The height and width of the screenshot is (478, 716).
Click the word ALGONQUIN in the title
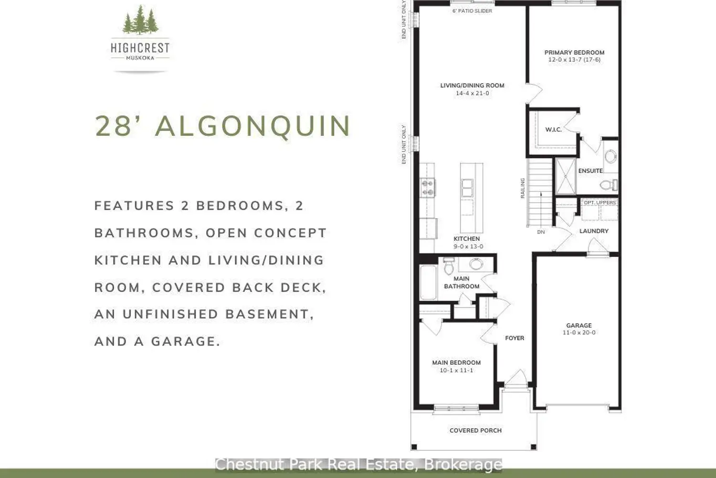[253, 126]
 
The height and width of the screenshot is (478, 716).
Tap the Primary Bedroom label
[574, 53]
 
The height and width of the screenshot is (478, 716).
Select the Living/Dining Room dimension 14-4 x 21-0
[473, 93]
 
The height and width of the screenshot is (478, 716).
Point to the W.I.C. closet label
[553, 130]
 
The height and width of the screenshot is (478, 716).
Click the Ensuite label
[590, 171]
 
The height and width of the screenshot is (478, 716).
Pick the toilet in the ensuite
[609, 185]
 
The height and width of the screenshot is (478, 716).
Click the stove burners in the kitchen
[427, 187]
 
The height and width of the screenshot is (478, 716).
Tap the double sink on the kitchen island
[467, 188]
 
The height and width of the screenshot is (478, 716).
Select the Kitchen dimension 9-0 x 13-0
[468, 247]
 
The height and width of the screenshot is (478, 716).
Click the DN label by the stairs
[541, 232]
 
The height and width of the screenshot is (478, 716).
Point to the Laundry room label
[594, 231]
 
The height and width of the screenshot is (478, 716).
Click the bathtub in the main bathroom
[428, 282]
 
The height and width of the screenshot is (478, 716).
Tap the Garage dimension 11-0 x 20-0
[579, 333]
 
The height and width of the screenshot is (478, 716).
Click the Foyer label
[515, 338]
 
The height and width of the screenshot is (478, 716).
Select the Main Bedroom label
[456, 363]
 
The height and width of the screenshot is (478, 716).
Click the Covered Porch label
[475, 431]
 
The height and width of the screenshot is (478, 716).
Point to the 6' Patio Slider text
[472, 11]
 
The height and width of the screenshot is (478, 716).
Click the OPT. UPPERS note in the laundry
[600, 203]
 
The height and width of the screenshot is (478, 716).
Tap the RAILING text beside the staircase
[523, 188]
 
